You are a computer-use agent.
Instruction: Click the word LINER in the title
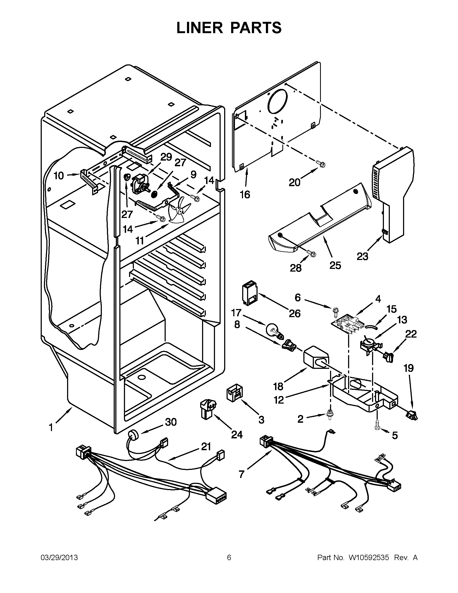199,28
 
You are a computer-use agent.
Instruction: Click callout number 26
294,313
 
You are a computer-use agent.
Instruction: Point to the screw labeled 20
321,164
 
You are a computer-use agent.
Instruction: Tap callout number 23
362,256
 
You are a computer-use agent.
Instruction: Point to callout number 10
58,176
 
